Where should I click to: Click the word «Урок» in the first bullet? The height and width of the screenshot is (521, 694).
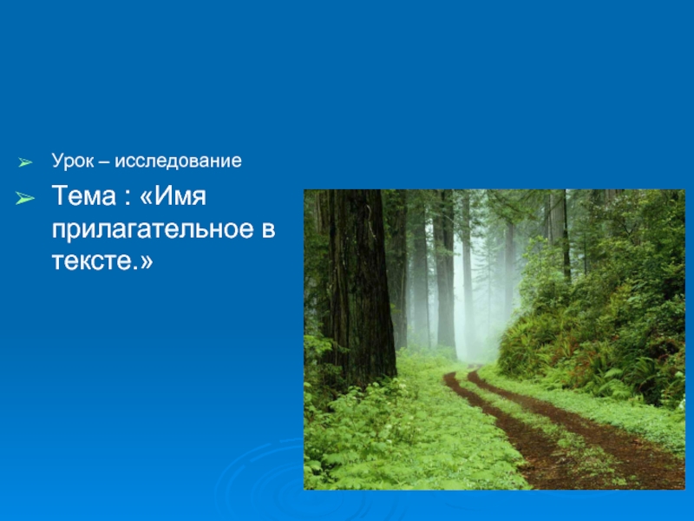pyautogui.click(x=73, y=162)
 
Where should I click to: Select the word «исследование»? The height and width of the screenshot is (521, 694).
pyautogui.click(x=178, y=161)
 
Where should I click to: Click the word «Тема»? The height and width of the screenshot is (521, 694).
pyautogui.click(x=83, y=196)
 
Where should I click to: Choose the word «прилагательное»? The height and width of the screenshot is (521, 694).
pyautogui.click(x=154, y=229)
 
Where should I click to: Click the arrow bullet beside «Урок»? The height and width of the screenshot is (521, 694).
pyautogui.click(x=25, y=162)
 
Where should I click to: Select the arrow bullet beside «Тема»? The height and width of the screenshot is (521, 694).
pyautogui.click(x=25, y=198)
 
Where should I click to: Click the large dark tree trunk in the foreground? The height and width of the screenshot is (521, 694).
pyautogui.click(x=358, y=284)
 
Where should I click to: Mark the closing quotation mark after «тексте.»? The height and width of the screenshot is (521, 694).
pyautogui.click(x=147, y=262)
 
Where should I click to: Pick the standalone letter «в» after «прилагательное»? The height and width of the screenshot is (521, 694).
pyautogui.click(x=268, y=230)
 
